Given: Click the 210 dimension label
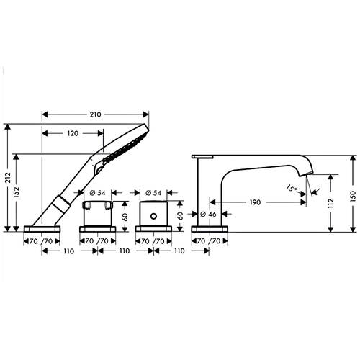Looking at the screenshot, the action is (x=95, y=114).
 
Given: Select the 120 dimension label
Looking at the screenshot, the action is (x=73, y=133).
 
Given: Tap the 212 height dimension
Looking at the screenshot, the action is (x=9, y=178).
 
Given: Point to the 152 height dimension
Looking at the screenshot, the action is (x=17, y=192).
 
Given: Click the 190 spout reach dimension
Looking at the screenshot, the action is (x=255, y=202).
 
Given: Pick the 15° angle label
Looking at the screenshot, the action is (x=292, y=188).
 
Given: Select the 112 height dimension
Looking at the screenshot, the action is (x=330, y=203).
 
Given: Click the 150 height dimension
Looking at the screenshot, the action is (x=353, y=196).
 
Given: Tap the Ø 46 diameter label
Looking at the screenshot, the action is (x=208, y=214).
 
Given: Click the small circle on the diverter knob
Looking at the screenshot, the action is (x=153, y=216).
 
